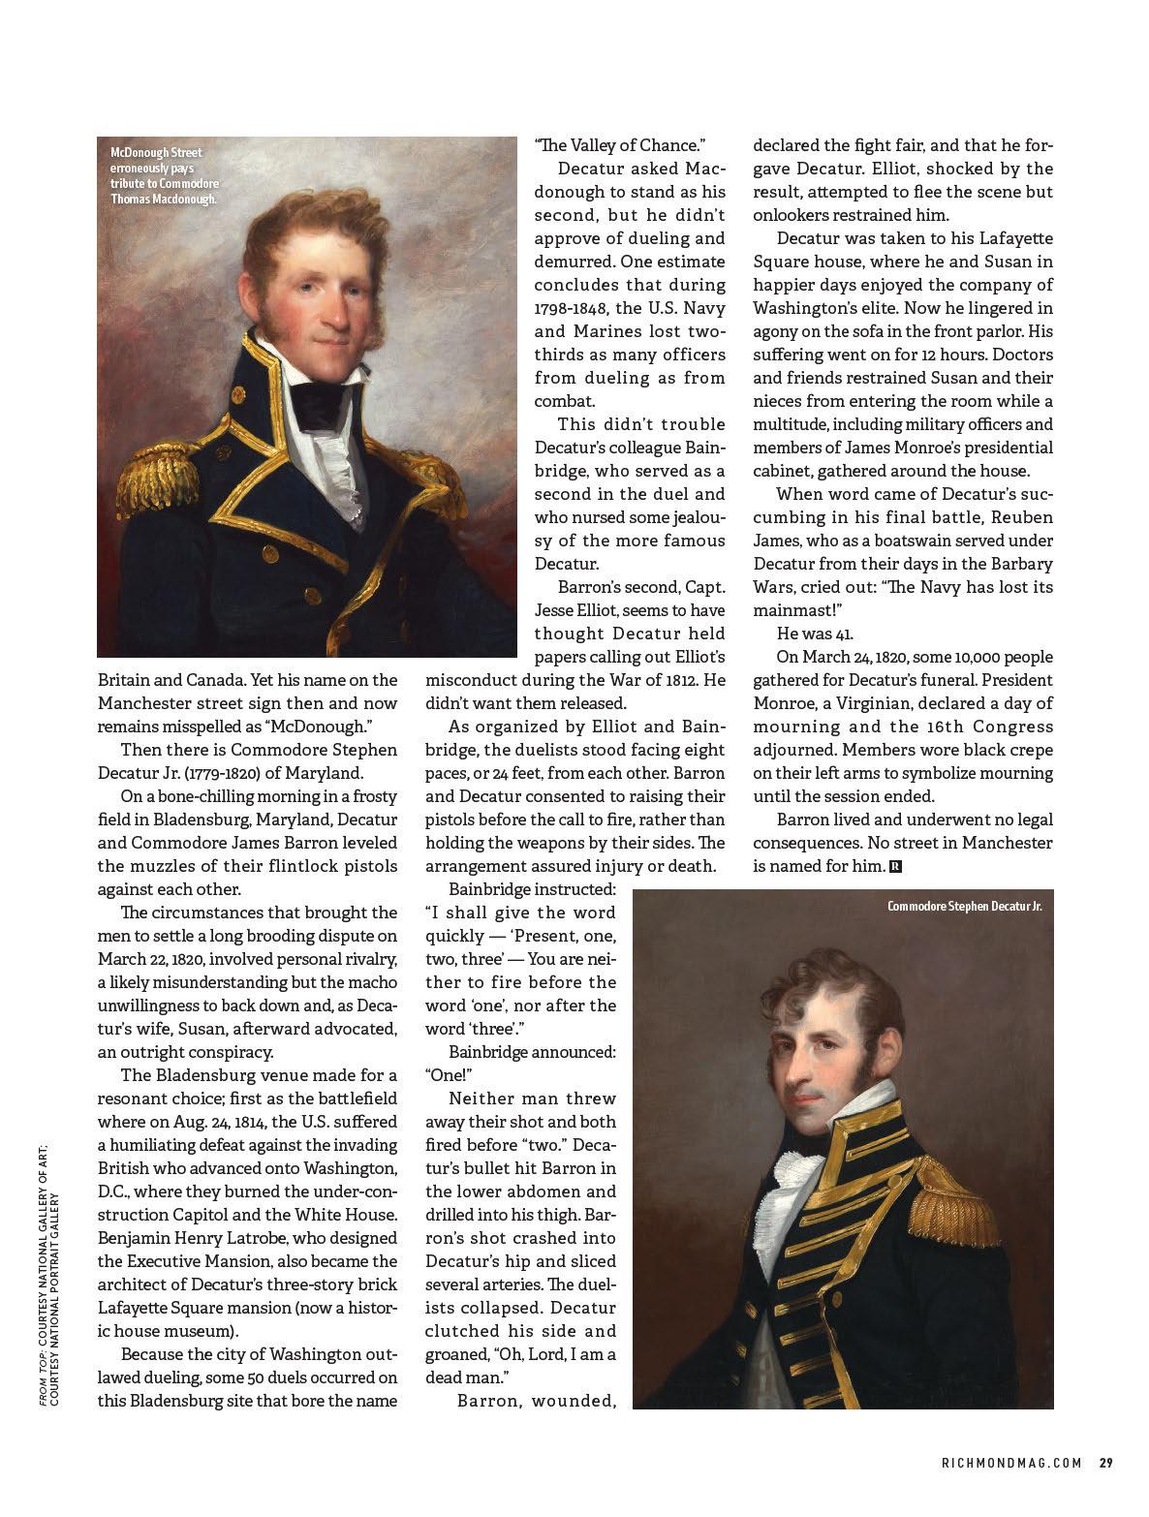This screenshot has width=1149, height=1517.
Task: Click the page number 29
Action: (x=1105, y=1463)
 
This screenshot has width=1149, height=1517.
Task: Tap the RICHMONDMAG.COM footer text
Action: (x=1010, y=1463)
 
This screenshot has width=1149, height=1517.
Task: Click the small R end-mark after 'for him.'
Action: (x=895, y=866)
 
